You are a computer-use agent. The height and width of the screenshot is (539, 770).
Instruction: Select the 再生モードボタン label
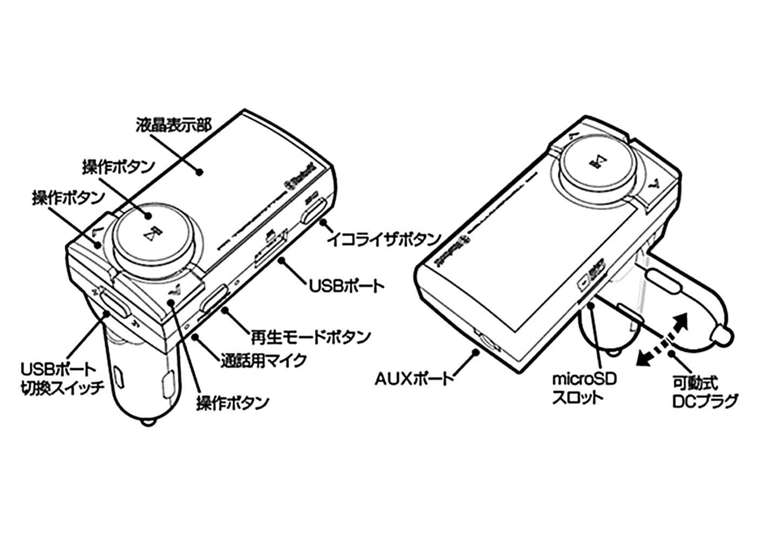(x=311, y=337)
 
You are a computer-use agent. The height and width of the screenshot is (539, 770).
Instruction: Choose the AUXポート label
(x=415, y=379)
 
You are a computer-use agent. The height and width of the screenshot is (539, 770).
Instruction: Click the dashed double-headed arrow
(x=663, y=340)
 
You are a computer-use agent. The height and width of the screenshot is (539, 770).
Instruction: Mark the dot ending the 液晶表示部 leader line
(x=199, y=172)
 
